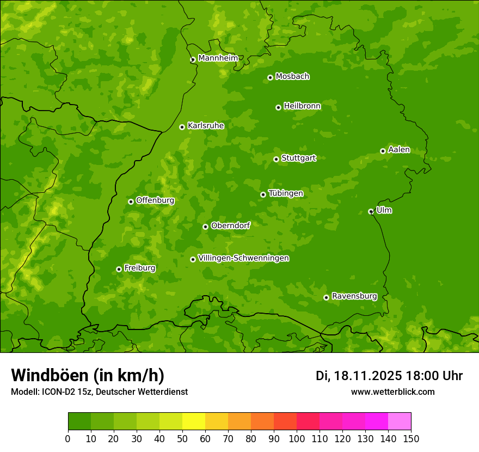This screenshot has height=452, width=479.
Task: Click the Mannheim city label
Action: coord(218,58)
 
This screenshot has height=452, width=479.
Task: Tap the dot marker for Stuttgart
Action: coord(276,159)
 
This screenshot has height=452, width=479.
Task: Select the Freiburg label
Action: coord(139,268)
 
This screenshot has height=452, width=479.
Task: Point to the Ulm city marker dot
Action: coord(371,211)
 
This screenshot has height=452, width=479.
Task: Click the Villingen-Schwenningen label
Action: coord(243,258)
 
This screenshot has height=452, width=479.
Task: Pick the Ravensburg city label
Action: coord(354,296)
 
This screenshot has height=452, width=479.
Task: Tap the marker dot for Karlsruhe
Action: coord(182,127)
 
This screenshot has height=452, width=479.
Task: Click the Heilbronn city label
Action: coord(302,106)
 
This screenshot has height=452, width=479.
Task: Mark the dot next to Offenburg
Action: coord(131,201)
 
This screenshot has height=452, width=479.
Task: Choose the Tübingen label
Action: coord(285,193)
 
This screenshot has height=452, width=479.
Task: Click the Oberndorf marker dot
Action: coord(205,227)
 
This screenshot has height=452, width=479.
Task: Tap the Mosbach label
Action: coord(292,77)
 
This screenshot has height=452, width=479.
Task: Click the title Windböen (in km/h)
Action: coord(88,375)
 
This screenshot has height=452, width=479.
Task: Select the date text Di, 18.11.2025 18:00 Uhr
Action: coord(389,376)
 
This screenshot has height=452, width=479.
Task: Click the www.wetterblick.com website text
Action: coord(392,392)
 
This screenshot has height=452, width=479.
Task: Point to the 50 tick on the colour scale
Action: coord(182,438)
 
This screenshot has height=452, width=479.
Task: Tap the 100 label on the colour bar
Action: coord(297,438)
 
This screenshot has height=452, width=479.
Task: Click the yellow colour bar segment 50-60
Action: coord(194,422)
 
